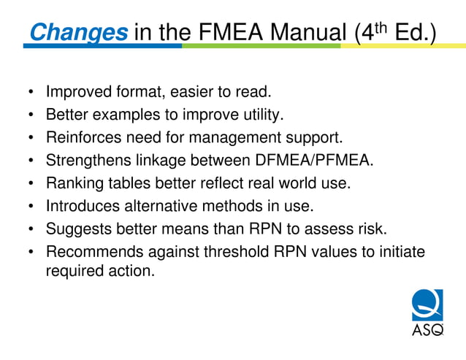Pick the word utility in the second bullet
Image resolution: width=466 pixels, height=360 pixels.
[260, 115]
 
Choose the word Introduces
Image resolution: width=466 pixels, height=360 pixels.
[82, 206]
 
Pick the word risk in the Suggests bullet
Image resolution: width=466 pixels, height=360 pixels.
[370, 229]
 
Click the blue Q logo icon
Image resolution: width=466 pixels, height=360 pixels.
[427, 305]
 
